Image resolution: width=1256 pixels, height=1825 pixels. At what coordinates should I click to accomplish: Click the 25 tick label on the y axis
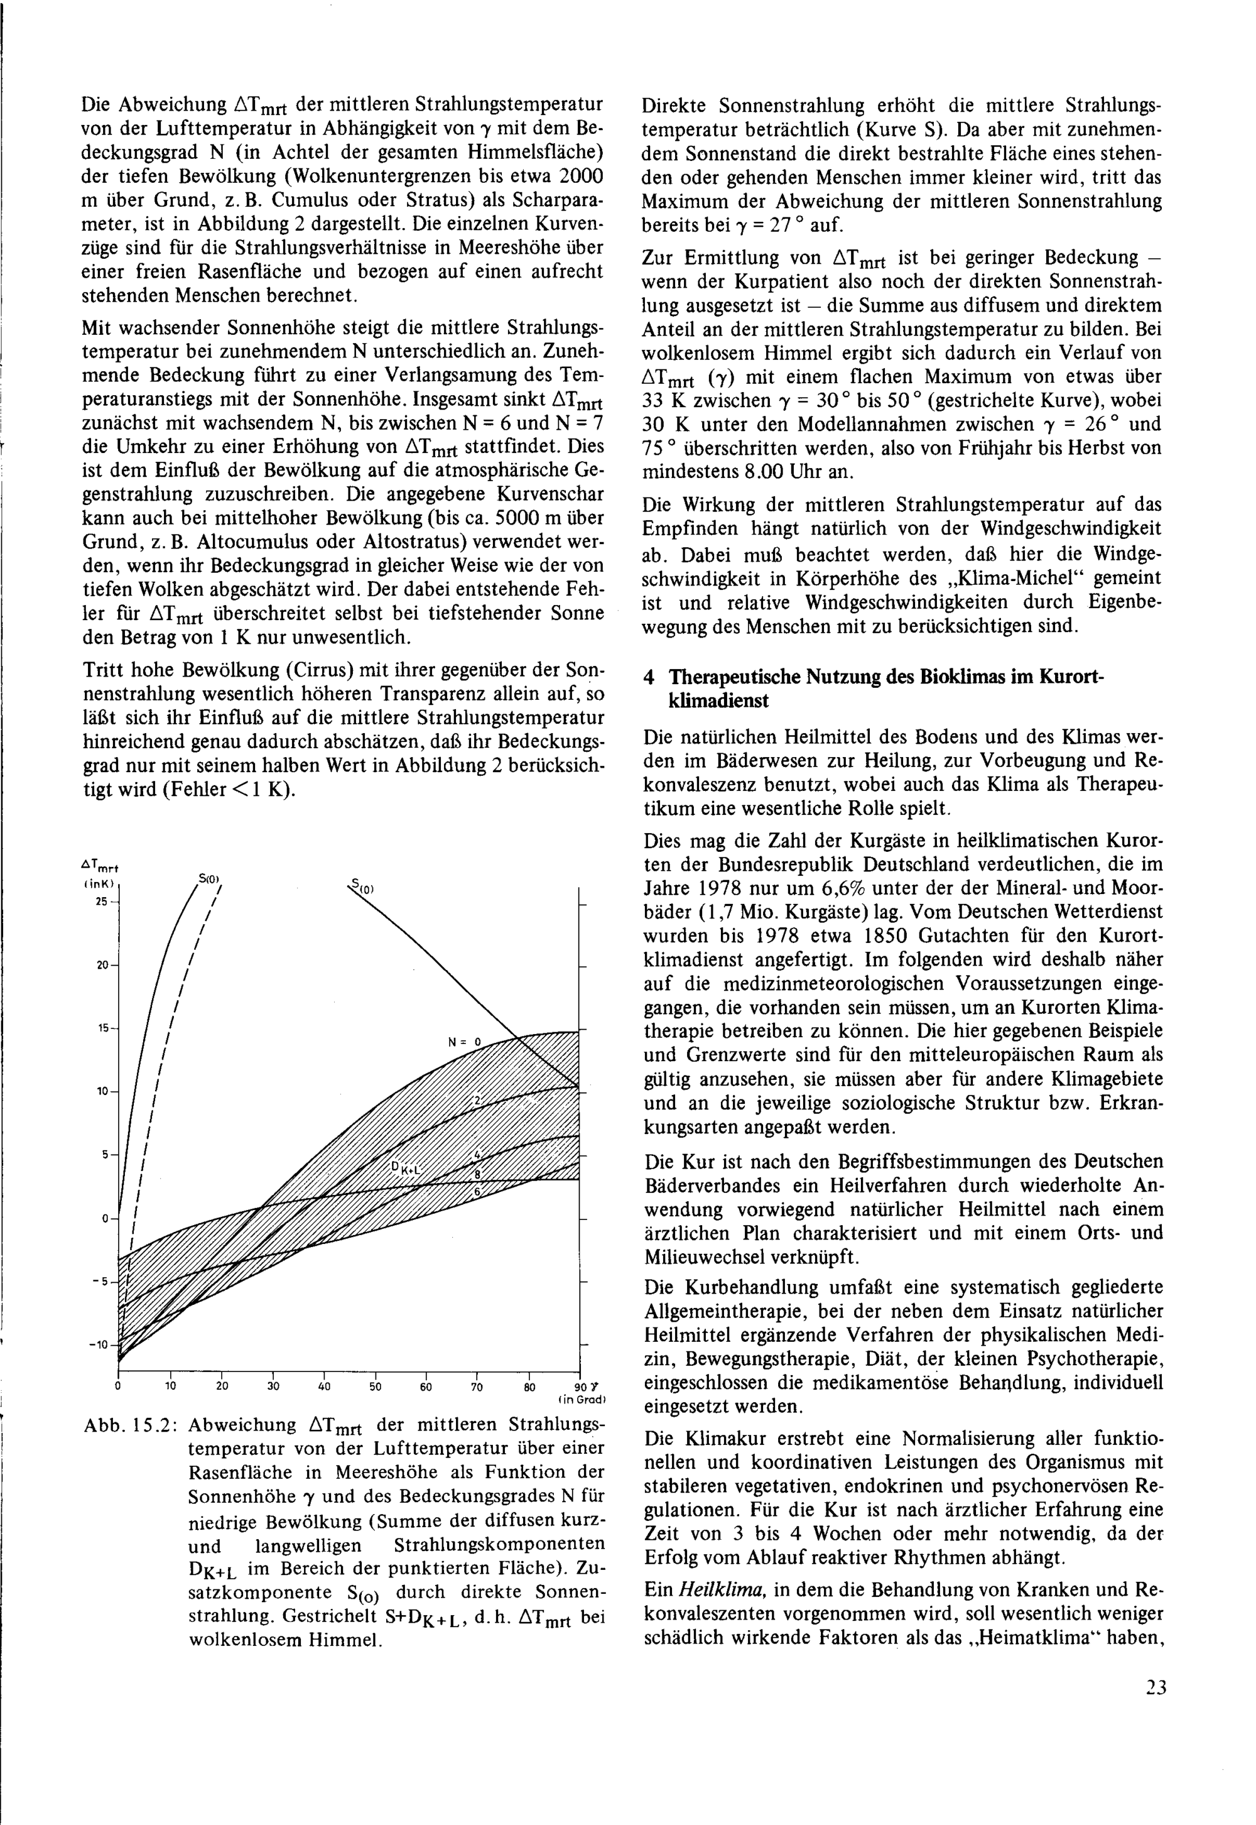coord(100,902)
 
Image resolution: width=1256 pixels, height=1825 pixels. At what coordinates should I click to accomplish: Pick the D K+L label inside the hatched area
coord(408,1169)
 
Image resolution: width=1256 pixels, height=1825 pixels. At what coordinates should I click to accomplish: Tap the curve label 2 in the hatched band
coord(476,1100)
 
